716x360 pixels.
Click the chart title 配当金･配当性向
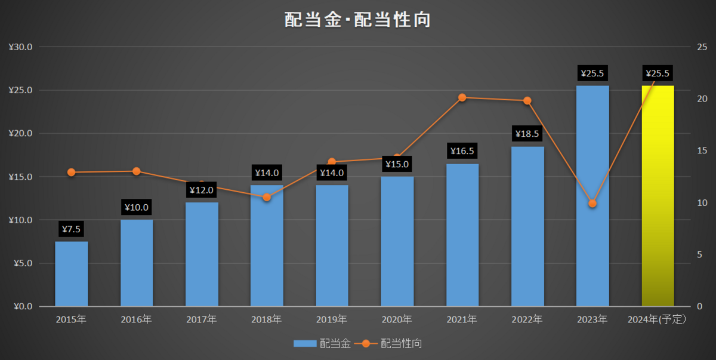click(357, 20)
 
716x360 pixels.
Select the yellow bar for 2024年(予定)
click(658, 196)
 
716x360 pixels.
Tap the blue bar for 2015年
click(71, 273)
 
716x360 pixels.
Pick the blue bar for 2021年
click(462, 235)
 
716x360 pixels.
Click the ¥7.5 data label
click(71, 229)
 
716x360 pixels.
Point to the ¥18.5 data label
click(527, 134)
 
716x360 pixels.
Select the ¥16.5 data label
click(462, 150)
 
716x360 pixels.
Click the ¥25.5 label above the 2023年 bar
click(592, 73)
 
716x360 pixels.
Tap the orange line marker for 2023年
click(592, 204)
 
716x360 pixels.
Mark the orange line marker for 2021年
click(462, 97)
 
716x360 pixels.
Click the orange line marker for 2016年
click(137, 171)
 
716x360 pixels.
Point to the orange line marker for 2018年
click(267, 197)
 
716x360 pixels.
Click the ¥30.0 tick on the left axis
click(20, 47)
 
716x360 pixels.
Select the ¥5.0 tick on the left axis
click(23, 263)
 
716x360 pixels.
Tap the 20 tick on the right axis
click(702, 99)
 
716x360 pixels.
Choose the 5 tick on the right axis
click(700, 254)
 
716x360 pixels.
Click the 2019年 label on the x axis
click(332, 319)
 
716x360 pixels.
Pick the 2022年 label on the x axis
click(527, 319)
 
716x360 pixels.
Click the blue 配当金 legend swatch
click(305, 343)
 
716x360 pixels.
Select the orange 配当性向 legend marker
click(366, 344)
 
